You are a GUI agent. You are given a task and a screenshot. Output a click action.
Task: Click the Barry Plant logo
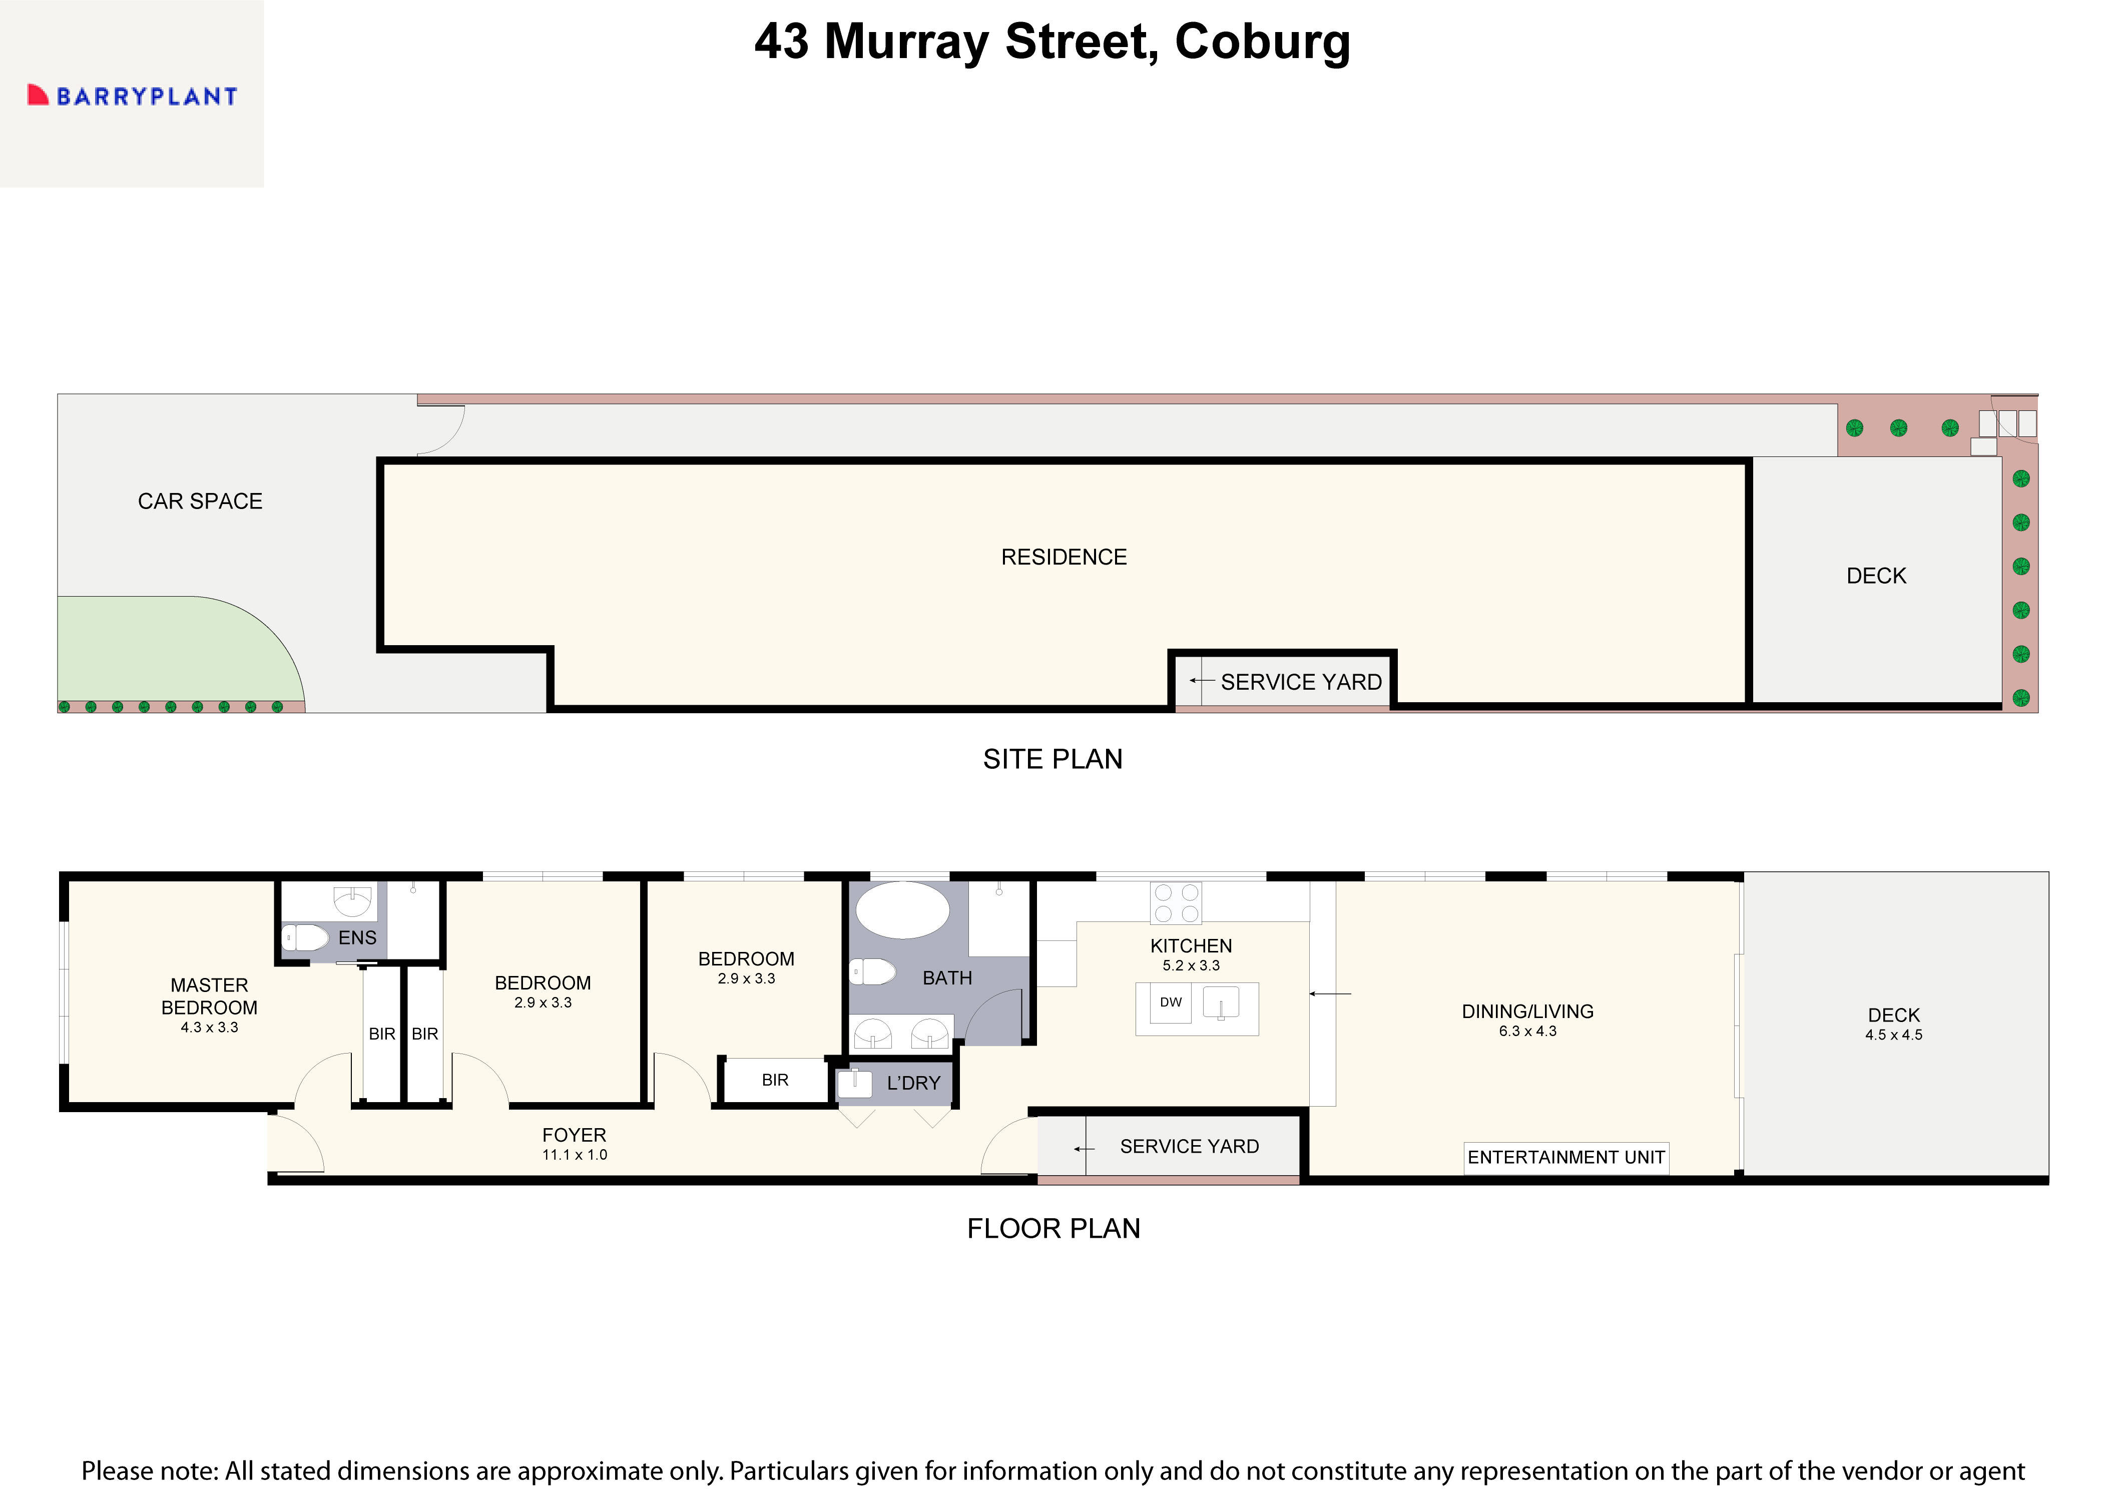133,96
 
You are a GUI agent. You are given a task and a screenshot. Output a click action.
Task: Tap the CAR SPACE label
200,501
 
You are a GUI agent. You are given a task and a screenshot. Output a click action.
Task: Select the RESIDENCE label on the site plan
1064,557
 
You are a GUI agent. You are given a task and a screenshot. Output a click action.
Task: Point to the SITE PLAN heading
1052,759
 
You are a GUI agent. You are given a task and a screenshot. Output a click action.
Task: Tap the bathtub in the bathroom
902,910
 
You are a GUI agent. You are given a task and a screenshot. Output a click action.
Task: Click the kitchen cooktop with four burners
1176,902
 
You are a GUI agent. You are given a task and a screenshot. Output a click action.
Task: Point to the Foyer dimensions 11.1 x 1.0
575,1155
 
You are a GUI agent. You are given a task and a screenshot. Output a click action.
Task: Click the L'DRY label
913,1083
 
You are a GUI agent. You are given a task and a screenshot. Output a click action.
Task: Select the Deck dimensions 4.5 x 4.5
1893,1035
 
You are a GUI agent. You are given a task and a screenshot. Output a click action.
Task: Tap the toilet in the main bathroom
872,971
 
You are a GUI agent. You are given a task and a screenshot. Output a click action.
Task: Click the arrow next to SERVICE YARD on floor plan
1084,1149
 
